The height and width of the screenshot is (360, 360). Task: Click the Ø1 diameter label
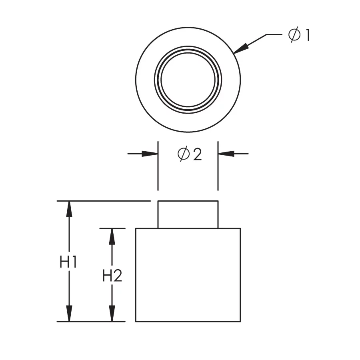point(299,34)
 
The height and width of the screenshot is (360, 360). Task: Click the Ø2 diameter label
point(190,154)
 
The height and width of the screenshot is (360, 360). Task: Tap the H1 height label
point(68,262)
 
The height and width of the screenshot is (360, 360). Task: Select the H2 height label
point(112,276)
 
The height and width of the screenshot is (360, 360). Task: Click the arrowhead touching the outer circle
point(241,48)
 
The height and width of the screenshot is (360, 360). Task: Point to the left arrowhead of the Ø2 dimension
point(150,154)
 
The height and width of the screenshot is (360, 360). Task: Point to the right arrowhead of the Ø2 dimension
point(226,154)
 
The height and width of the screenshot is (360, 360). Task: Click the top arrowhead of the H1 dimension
point(69,209)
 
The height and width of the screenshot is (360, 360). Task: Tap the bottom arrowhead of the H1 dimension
point(69,313)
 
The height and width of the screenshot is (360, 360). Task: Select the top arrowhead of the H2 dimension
point(112,236)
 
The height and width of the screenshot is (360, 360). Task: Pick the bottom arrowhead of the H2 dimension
point(112,313)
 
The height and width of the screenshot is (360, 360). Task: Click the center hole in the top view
point(188,80)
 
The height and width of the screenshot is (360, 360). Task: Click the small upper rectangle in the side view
point(188,215)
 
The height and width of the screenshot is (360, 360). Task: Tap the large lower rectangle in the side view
point(188,275)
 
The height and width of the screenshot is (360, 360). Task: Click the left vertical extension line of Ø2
point(158,166)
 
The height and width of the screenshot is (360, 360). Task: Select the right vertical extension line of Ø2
point(218,166)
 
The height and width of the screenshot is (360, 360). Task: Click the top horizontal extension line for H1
point(104,201)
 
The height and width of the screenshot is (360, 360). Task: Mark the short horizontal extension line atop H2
point(112,228)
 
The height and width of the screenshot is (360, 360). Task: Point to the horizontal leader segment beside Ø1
point(274,35)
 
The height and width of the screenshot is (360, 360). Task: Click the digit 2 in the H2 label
point(118,276)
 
